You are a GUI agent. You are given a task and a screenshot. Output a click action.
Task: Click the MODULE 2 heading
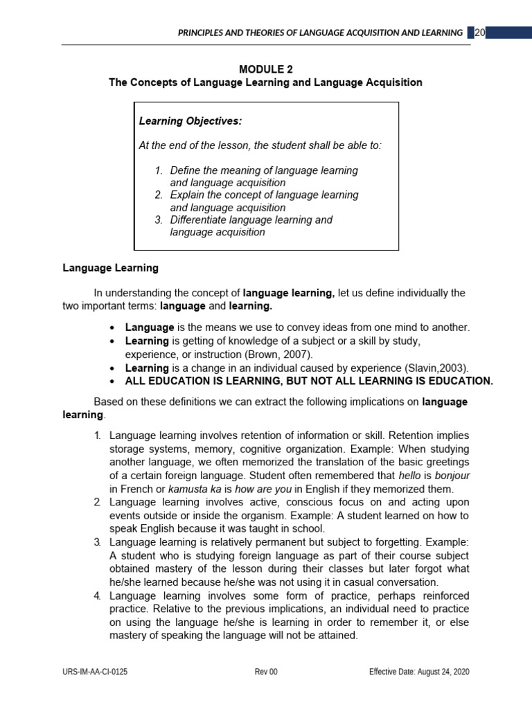click(x=265, y=69)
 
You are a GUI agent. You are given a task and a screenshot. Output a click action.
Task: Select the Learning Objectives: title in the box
click(x=190, y=121)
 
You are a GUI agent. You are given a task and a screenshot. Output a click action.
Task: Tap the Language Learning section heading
click(x=111, y=267)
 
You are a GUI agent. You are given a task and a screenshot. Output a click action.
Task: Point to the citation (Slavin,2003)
click(x=430, y=368)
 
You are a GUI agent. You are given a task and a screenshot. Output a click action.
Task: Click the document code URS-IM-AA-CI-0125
click(x=95, y=672)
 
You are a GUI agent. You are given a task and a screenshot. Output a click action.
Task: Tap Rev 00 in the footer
click(x=266, y=672)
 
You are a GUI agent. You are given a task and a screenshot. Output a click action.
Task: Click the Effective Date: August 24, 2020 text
click(x=420, y=672)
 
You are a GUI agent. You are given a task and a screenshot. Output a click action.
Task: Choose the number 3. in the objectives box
click(x=159, y=220)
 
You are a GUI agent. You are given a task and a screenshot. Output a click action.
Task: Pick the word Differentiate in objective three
click(x=199, y=220)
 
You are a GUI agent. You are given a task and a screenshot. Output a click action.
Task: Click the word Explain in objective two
click(x=188, y=195)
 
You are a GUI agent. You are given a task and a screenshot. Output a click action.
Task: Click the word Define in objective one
click(x=186, y=170)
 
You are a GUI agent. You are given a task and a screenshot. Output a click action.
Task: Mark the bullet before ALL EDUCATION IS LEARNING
click(x=113, y=382)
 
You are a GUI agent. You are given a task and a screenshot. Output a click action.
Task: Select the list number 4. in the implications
click(x=98, y=596)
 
